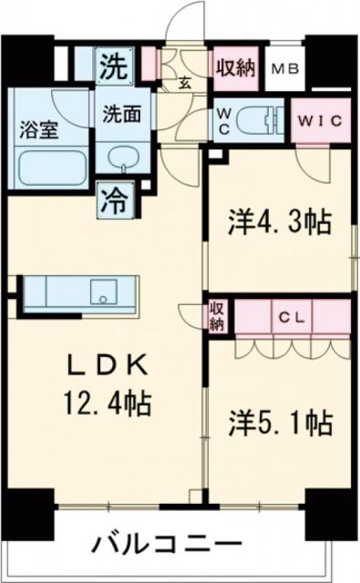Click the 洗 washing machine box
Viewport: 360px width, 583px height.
[114, 66]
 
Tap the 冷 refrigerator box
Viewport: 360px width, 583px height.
[113, 198]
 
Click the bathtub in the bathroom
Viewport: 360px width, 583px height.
[51, 169]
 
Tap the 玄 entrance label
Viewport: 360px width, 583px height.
[184, 85]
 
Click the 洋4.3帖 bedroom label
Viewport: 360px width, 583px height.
[278, 222]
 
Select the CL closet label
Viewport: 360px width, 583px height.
[292, 318]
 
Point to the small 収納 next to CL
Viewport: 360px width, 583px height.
[218, 317]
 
